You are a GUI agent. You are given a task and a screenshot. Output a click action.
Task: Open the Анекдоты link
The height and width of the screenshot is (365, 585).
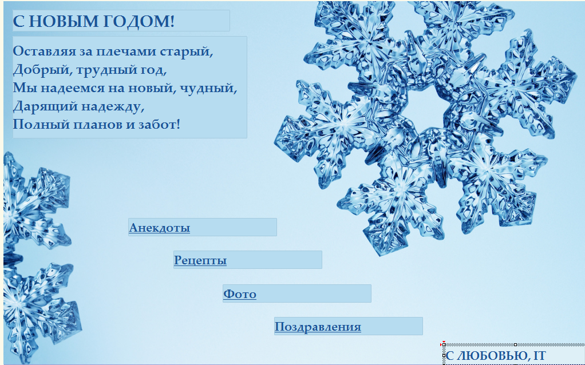click(159, 228)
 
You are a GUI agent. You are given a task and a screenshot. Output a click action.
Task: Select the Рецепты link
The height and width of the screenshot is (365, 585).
click(200, 260)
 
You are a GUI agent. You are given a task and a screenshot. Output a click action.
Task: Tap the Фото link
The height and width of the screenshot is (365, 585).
click(239, 294)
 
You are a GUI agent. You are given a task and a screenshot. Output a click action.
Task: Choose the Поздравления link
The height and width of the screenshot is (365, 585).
click(318, 327)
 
